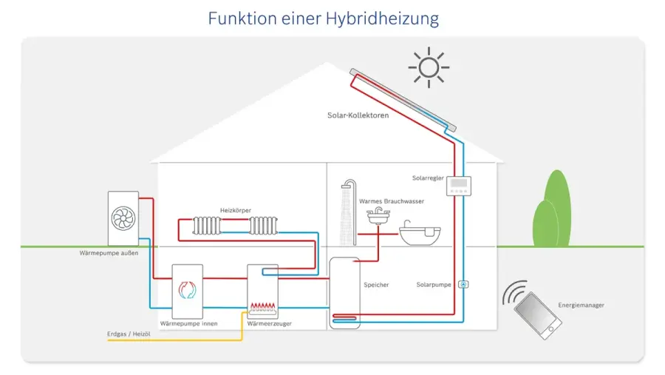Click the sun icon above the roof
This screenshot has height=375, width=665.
click(x=428, y=67)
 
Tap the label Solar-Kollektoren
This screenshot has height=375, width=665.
click(x=358, y=115)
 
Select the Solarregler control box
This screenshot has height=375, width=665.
click(x=459, y=187)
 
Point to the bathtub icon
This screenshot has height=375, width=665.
click(x=419, y=233)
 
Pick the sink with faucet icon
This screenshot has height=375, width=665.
click(x=378, y=215)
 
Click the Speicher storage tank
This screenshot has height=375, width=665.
click(x=344, y=291)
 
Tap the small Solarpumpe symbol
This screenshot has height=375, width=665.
click(x=463, y=284)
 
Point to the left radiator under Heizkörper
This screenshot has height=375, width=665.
click(x=207, y=225)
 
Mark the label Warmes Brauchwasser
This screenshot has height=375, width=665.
click(x=392, y=201)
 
